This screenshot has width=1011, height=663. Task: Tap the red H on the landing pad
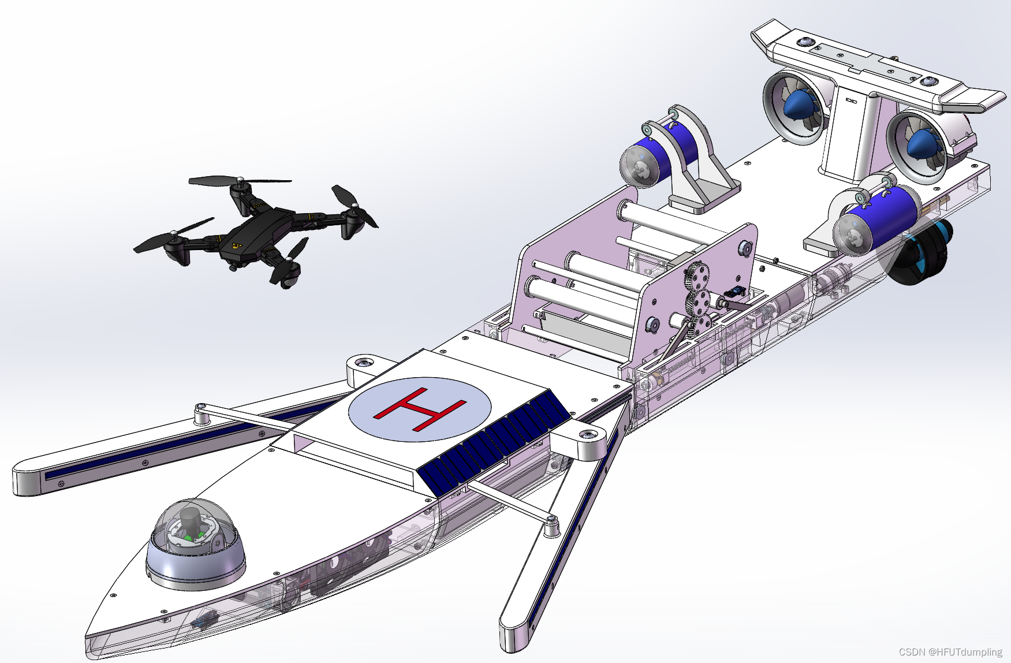coord(420,409)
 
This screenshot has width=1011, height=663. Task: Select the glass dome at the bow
coord(195,543)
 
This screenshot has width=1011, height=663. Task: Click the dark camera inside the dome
coord(190,523)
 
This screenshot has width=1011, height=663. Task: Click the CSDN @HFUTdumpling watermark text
coord(950,652)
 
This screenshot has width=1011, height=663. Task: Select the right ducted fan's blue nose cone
coord(922,143)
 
